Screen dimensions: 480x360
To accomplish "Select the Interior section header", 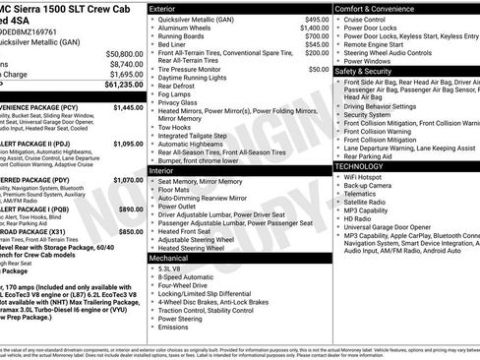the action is [163, 170].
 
